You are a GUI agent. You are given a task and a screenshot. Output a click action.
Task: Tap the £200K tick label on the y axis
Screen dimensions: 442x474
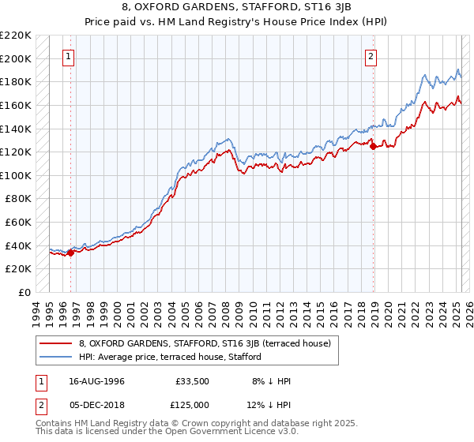click(x=16, y=58)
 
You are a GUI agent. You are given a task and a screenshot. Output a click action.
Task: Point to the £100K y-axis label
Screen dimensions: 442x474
click(x=16, y=175)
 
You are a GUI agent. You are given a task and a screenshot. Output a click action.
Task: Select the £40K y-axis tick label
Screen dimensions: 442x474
click(x=18, y=245)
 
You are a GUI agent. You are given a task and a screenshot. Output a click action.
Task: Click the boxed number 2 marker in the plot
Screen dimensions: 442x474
click(x=371, y=56)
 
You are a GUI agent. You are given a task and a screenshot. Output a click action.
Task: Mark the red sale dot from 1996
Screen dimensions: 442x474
click(x=70, y=253)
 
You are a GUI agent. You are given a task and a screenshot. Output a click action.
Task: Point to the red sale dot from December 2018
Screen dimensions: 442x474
click(x=373, y=145)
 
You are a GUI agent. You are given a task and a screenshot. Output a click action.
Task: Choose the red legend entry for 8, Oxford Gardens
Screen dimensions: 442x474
click(x=209, y=343)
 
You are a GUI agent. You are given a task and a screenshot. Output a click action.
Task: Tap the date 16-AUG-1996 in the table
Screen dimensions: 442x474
click(x=96, y=381)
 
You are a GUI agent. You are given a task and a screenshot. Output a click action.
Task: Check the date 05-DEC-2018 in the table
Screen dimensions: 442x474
click(x=96, y=403)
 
